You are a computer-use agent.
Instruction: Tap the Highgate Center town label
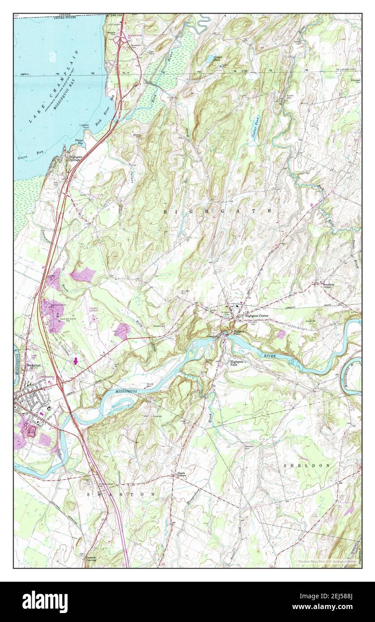click(x=256, y=315)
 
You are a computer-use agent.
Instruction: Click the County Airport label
click(x=94, y=310)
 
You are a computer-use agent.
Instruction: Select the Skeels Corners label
click(x=181, y=476)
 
